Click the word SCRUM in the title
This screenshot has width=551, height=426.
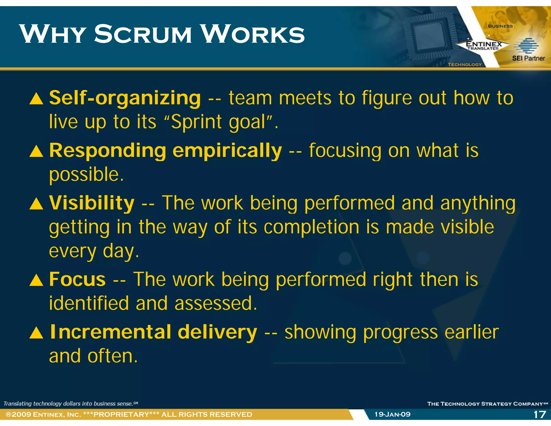pos(143,34)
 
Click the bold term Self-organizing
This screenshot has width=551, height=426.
pos(125,98)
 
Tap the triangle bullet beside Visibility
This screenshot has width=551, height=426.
pos(36,204)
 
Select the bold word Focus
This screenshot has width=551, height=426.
pos(77,279)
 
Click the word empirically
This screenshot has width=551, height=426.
pos(227,151)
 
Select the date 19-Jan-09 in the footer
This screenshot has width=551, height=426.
pos(393,414)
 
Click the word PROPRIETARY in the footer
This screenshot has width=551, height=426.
pos(121,414)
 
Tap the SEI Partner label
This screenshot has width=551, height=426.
pos(528,58)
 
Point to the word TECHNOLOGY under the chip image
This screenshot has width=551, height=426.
pos(465,64)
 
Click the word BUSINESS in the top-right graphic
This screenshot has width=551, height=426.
pos(500,26)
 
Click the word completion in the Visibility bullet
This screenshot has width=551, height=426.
pos(311,227)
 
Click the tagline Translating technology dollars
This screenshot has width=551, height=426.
pos(70,404)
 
